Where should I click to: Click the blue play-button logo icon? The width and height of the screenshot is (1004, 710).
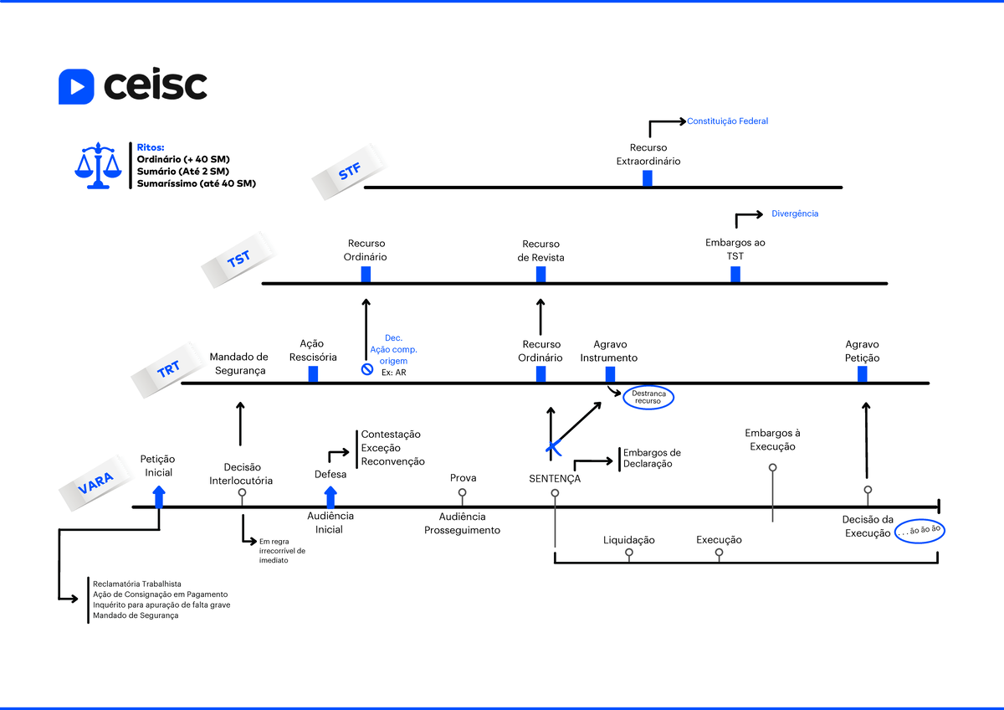[x=76, y=86]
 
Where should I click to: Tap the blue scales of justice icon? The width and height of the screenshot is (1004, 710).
[x=98, y=166]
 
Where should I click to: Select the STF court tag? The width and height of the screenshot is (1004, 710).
[x=350, y=172]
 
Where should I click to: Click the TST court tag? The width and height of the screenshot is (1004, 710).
[x=238, y=260]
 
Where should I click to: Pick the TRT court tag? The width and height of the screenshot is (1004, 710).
[x=168, y=369]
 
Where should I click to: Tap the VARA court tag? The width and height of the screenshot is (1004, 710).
[x=96, y=482]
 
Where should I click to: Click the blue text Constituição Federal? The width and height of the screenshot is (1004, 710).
[x=727, y=121]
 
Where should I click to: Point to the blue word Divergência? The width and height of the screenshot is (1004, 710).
[x=795, y=214]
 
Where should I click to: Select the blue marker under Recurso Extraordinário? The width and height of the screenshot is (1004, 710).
[x=648, y=178]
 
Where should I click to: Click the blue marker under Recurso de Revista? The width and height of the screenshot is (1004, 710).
[x=541, y=275]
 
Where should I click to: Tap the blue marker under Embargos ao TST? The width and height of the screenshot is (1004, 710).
[x=735, y=275]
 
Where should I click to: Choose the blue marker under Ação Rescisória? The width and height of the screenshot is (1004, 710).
[x=313, y=374]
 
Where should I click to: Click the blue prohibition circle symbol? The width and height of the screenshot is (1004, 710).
[x=367, y=369]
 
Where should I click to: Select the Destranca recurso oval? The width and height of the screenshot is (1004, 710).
[x=648, y=398]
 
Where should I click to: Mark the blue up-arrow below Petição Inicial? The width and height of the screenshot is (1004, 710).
[x=159, y=497]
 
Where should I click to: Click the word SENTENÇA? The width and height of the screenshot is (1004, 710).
[x=555, y=479]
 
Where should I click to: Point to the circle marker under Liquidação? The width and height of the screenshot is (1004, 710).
[x=629, y=553]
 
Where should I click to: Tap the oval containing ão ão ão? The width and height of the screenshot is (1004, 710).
[x=919, y=531]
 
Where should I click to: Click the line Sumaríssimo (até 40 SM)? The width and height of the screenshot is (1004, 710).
[x=197, y=183]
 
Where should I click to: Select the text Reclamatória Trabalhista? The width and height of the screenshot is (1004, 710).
[x=137, y=584]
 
